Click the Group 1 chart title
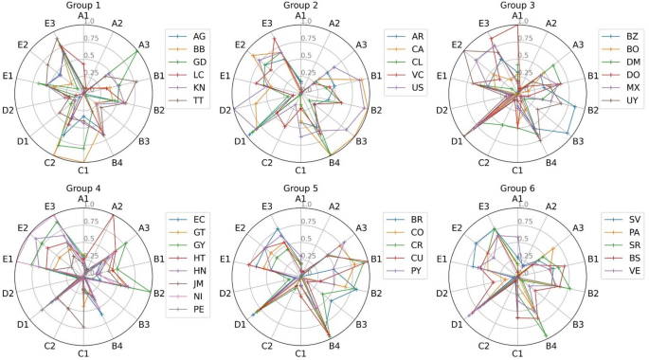[x=83, y=6]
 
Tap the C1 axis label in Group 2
[x=300, y=171]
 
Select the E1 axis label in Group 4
[x=8, y=259]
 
